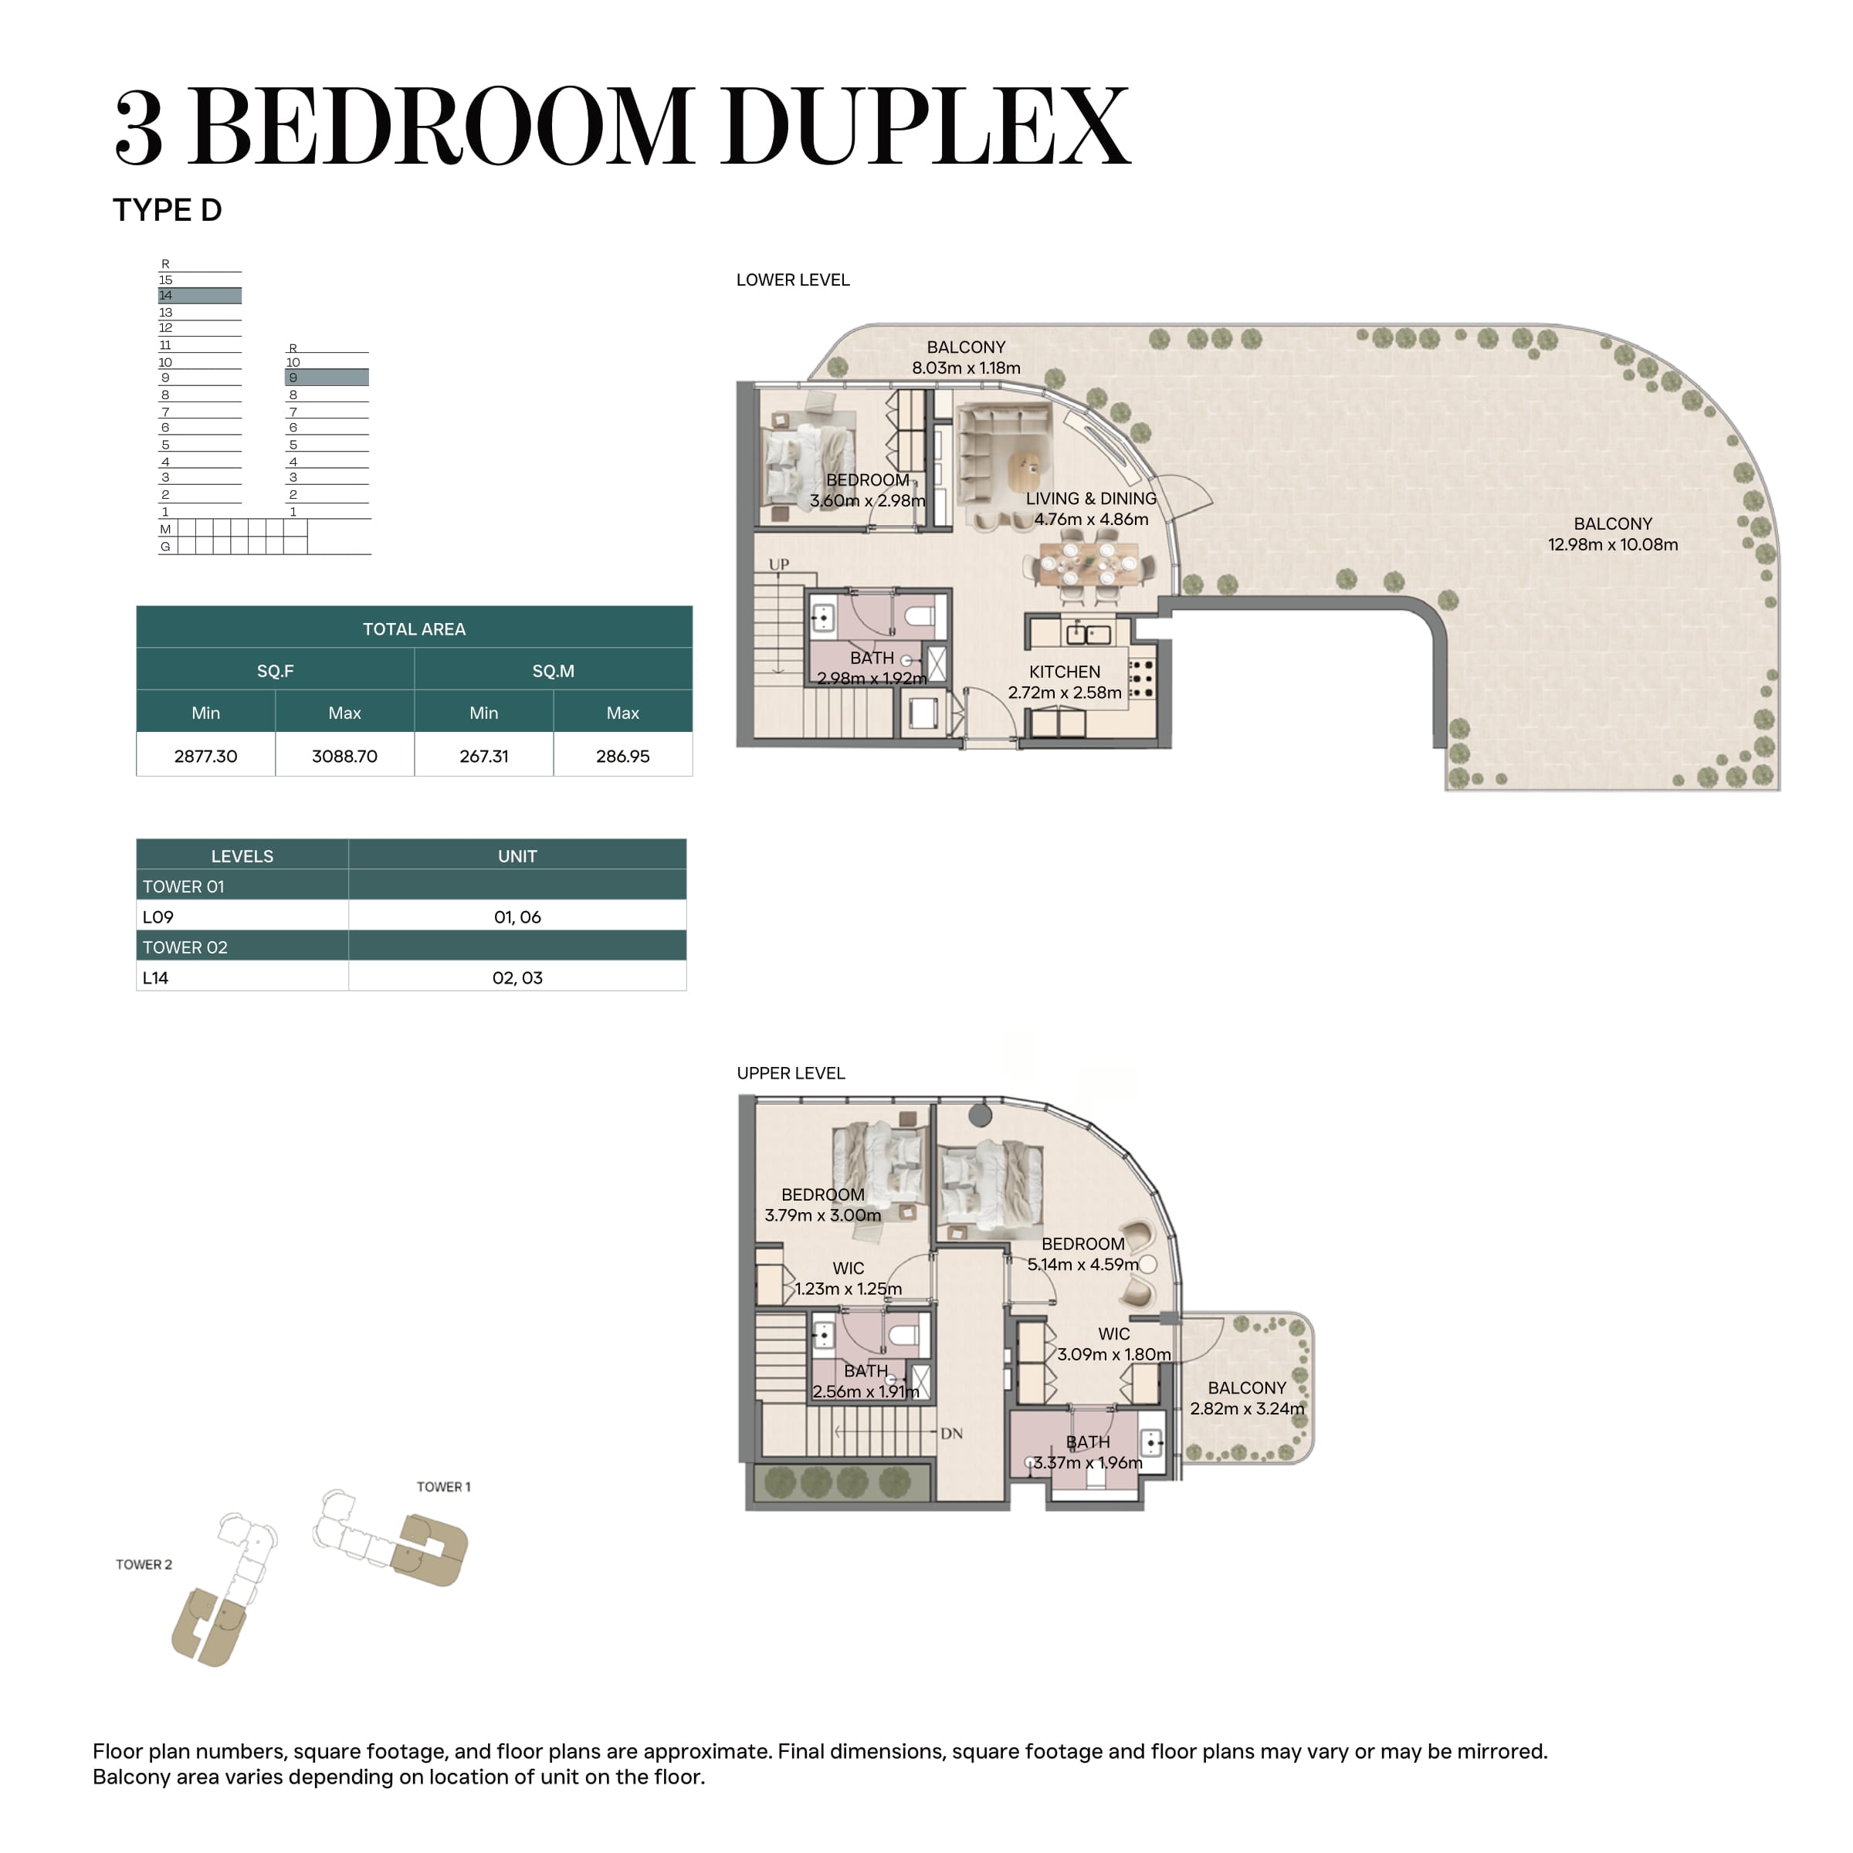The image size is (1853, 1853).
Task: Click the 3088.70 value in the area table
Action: (x=344, y=756)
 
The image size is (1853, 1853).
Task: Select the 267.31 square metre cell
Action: (x=483, y=756)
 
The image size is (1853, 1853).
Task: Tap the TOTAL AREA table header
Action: (x=415, y=629)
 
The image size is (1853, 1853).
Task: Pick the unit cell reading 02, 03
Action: (x=517, y=977)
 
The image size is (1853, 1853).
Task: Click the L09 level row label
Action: (x=158, y=917)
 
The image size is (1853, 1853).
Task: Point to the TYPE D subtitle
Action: (x=168, y=210)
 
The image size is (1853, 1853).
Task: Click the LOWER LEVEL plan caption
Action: (x=793, y=280)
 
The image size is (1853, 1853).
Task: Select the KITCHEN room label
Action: (x=1065, y=672)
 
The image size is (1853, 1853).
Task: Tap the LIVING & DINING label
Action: (x=1092, y=499)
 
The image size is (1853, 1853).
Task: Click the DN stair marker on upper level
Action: (x=951, y=1434)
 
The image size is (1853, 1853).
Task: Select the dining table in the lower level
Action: (x=1089, y=565)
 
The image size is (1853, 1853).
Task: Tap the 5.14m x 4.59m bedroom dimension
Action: (x=1082, y=1264)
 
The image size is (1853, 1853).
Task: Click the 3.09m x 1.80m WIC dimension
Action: (x=1113, y=1354)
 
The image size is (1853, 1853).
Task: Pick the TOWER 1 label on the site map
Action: (x=443, y=1486)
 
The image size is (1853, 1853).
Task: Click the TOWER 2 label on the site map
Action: (x=144, y=1564)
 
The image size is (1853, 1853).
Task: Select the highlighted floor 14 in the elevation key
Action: (x=199, y=296)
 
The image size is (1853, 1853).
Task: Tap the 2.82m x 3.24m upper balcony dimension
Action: (x=1247, y=1409)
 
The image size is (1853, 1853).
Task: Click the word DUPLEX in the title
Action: (x=927, y=127)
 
